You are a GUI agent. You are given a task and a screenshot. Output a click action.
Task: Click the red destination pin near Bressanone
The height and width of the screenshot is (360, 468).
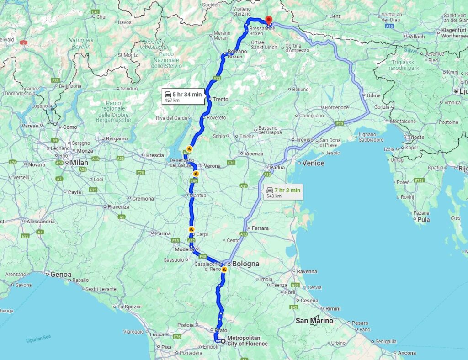[x=269, y=19]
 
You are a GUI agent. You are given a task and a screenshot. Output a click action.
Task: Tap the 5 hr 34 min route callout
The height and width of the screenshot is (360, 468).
[x=182, y=97]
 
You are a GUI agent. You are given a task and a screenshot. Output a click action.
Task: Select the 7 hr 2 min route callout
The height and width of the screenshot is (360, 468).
[x=283, y=192]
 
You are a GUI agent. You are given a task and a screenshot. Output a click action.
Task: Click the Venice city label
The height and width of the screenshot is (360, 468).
[x=313, y=163]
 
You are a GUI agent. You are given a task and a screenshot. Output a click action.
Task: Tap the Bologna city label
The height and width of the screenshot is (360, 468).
[x=245, y=264]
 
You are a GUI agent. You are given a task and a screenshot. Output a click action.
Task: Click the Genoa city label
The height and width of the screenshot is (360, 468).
[x=61, y=275]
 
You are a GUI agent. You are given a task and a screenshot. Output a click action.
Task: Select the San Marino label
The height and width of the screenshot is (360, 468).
[x=314, y=321]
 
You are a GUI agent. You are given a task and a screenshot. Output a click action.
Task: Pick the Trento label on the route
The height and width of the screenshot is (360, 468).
[x=220, y=99]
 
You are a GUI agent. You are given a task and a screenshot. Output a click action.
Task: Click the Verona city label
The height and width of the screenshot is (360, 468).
[x=212, y=166]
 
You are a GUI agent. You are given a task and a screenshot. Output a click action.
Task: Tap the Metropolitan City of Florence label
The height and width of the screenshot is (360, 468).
[x=247, y=341]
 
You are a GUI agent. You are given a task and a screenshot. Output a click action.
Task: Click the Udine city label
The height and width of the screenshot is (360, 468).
[x=373, y=95]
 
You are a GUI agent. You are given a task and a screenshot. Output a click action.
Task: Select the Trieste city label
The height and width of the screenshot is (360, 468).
[x=416, y=137]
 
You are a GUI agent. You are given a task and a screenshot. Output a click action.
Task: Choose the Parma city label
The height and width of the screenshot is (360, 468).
[x=163, y=233]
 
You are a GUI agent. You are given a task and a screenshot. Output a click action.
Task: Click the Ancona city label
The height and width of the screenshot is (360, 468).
[x=407, y=353]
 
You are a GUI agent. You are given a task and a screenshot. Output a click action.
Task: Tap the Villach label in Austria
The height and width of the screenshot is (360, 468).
[x=416, y=37]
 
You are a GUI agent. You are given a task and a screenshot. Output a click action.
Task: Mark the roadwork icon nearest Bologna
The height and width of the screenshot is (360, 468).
[x=224, y=270]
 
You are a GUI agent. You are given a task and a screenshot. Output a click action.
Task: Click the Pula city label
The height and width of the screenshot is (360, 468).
[x=424, y=219]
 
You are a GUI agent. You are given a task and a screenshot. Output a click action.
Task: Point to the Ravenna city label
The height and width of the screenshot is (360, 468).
[x=307, y=271]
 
